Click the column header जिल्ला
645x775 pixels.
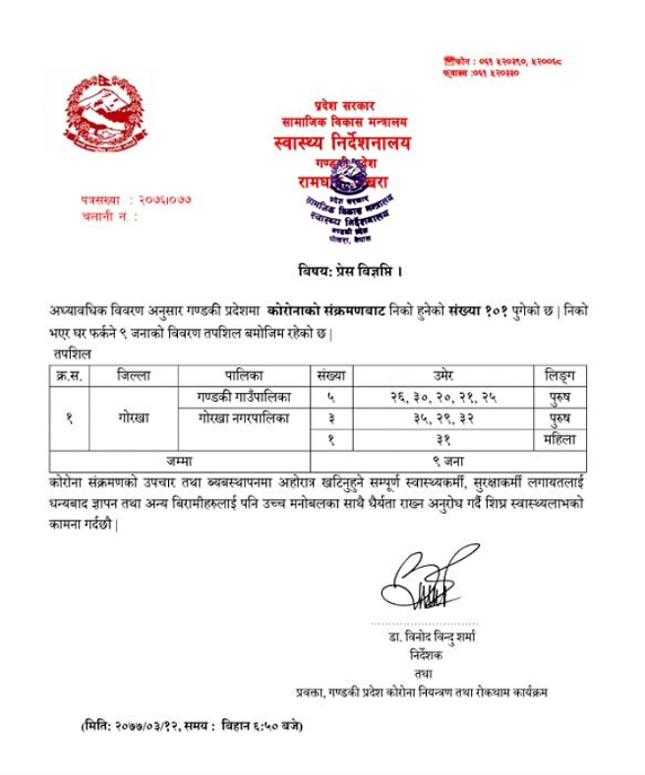[x=133, y=375]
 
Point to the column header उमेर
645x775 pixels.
[x=442, y=375]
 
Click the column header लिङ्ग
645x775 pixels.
[x=559, y=375]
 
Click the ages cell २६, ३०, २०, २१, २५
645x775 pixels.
[x=442, y=397]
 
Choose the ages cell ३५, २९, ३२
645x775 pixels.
[x=442, y=417]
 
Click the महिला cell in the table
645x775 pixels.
[x=559, y=439]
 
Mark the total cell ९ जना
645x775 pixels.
[x=442, y=460]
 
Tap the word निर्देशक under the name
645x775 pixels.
[x=431, y=653]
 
